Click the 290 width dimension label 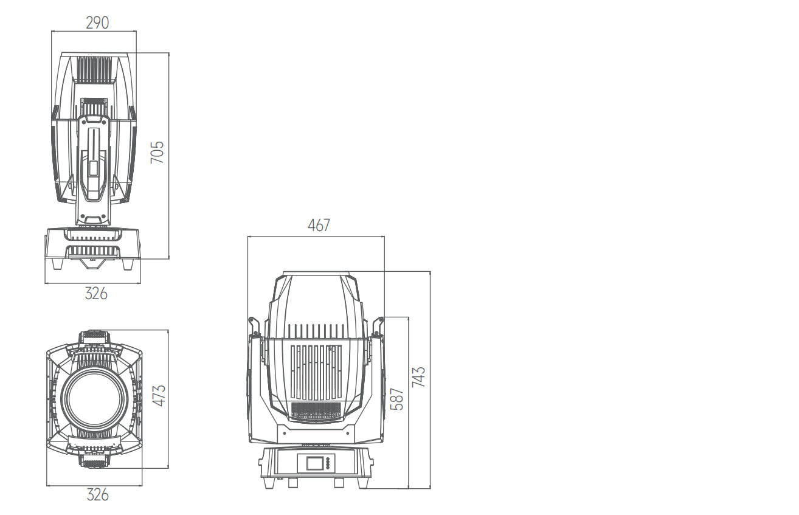click(x=97, y=23)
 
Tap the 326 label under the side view click(x=96, y=294)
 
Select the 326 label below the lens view click(x=97, y=495)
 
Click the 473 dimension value click(x=159, y=395)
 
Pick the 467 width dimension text click(x=319, y=225)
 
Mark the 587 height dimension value click(x=396, y=399)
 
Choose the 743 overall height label click(x=419, y=376)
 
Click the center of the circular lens click(x=94, y=399)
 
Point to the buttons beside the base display click(x=328, y=463)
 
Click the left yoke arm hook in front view click(x=254, y=327)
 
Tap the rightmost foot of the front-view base click(x=363, y=482)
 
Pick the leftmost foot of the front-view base click(x=268, y=482)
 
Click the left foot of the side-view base click(x=57, y=264)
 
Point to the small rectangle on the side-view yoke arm click(x=93, y=168)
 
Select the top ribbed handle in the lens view click(x=94, y=336)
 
